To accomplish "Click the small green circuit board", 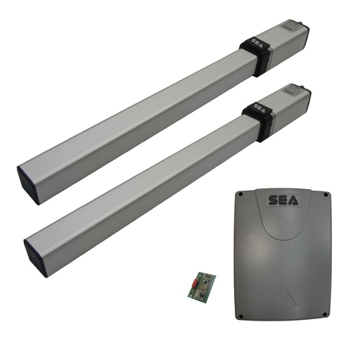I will point(201,285).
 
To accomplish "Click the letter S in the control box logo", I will point(271,201).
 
